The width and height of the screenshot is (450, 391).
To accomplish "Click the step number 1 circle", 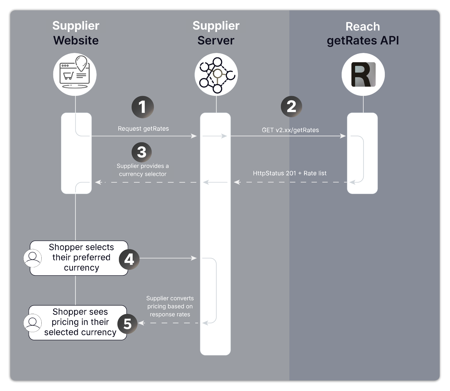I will point(142,107).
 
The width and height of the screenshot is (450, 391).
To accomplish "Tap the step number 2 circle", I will point(291,106).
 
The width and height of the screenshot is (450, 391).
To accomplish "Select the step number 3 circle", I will point(141,152).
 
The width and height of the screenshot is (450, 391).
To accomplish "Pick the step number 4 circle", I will point(129,259).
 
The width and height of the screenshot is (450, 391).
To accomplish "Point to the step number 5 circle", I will point(127,324).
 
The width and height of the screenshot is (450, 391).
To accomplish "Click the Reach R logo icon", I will point(363,74).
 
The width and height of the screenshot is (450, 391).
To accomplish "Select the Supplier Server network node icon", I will point(216,74).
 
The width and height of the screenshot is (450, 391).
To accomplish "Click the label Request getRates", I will point(143,129).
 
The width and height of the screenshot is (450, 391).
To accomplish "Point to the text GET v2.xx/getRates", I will point(290,130).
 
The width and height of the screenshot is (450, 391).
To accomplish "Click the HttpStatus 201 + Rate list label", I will point(290,173).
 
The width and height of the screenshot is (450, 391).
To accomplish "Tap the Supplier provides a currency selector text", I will point(142,170).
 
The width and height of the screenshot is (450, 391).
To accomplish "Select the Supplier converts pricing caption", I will point(170,306).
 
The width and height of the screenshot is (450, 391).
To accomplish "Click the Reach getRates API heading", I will point(363,34).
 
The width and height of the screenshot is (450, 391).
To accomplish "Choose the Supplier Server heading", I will point(216,33).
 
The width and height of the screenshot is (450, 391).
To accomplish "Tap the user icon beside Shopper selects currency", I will point(33,258).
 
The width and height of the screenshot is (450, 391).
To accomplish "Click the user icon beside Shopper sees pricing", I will point(33,323).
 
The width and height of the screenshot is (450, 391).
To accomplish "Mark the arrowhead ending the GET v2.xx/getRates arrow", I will point(343,136).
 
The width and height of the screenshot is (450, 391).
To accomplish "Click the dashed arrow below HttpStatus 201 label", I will point(290,182).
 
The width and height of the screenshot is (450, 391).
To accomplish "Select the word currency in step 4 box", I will point(81,268).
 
